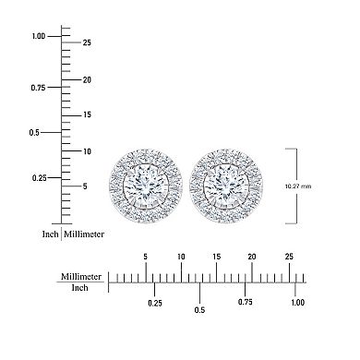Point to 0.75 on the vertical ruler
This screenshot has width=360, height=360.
(x=38, y=88)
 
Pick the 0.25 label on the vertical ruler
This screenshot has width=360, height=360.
(x=38, y=177)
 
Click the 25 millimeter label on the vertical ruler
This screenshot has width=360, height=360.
(x=87, y=42)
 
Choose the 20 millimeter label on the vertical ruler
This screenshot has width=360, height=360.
(x=87, y=79)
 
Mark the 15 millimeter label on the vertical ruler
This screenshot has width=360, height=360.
(x=87, y=114)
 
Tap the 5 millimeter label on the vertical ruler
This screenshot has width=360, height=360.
(x=84, y=186)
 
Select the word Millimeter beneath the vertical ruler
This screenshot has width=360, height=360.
(x=84, y=234)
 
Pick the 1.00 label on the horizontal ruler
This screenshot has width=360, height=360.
(x=297, y=302)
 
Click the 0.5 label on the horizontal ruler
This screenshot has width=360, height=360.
(x=199, y=310)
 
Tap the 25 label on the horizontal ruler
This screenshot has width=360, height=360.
(x=288, y=258)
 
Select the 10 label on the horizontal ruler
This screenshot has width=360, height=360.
(x=181, y=258)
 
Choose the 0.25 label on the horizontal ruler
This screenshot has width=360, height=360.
(x=155, y=302)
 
